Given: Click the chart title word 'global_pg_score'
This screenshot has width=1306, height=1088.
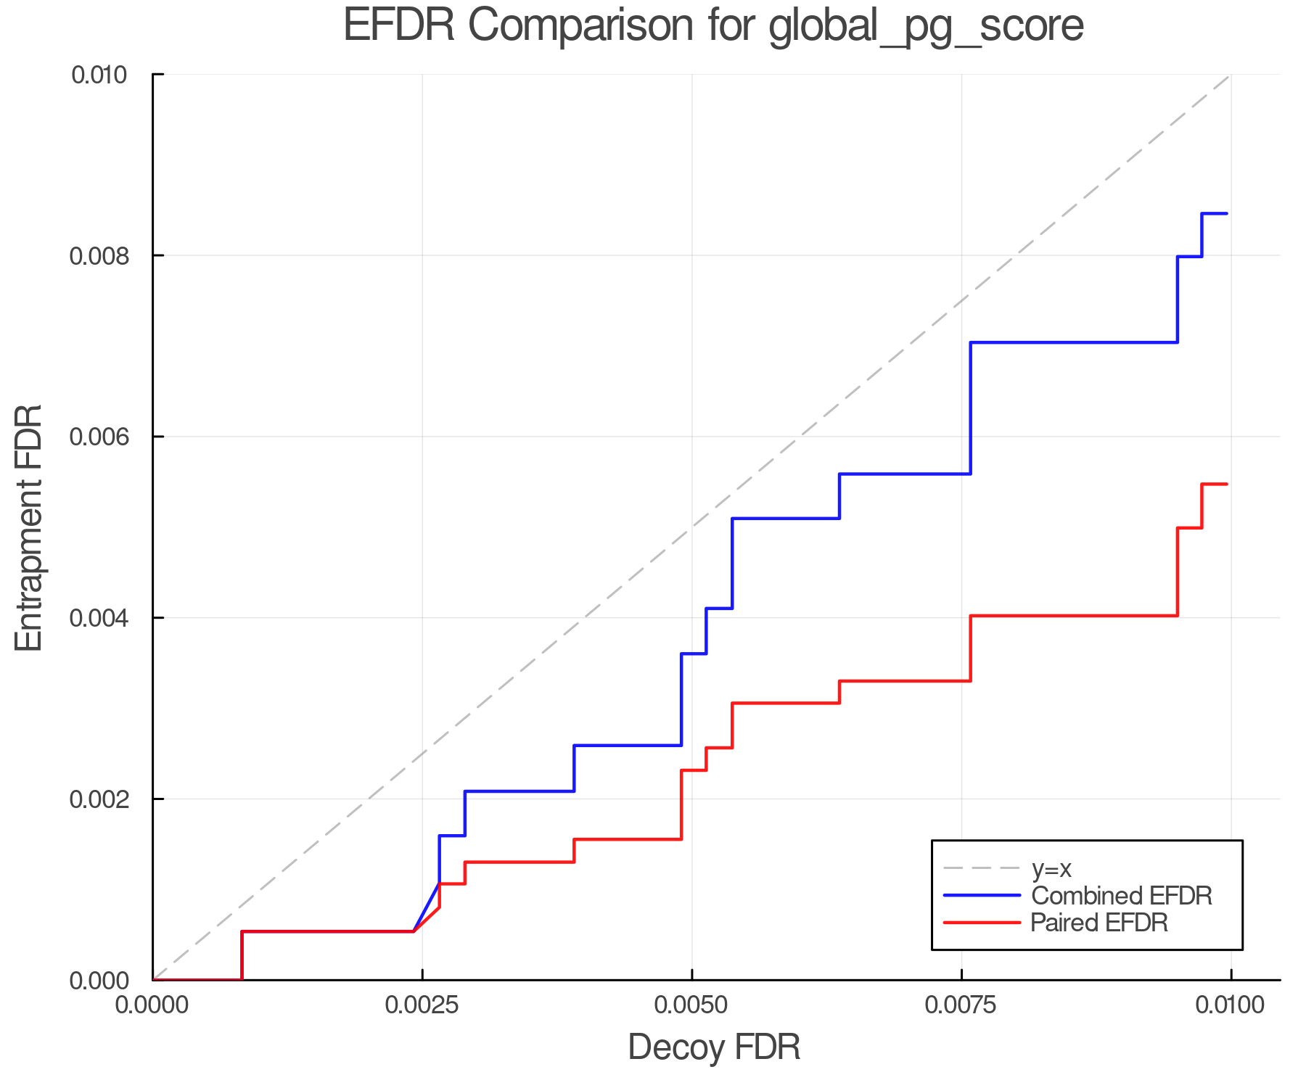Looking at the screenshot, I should click(926, 25).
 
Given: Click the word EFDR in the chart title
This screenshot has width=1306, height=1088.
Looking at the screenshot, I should click(398, 25).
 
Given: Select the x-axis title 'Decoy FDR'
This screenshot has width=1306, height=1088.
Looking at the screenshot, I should click(714, 1047).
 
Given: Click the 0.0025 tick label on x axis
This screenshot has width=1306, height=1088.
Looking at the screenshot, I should click(422, 1005).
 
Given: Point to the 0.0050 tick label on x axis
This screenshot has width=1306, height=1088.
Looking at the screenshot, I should click(691, 1005).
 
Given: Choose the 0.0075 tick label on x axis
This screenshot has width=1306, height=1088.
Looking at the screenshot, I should click(961, 1005).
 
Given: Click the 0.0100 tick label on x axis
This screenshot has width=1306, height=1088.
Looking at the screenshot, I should click(1231, 1005).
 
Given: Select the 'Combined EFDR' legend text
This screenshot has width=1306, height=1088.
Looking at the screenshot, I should click(1121, 895).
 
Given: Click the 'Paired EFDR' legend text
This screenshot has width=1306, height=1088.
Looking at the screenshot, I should click(1099, 923).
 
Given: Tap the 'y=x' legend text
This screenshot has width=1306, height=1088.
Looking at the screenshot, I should click(1051, 868).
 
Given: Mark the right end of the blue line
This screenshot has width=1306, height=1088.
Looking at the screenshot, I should click(1226, 213).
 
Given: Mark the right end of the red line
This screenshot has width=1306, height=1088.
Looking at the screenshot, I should click(1226, 484).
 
